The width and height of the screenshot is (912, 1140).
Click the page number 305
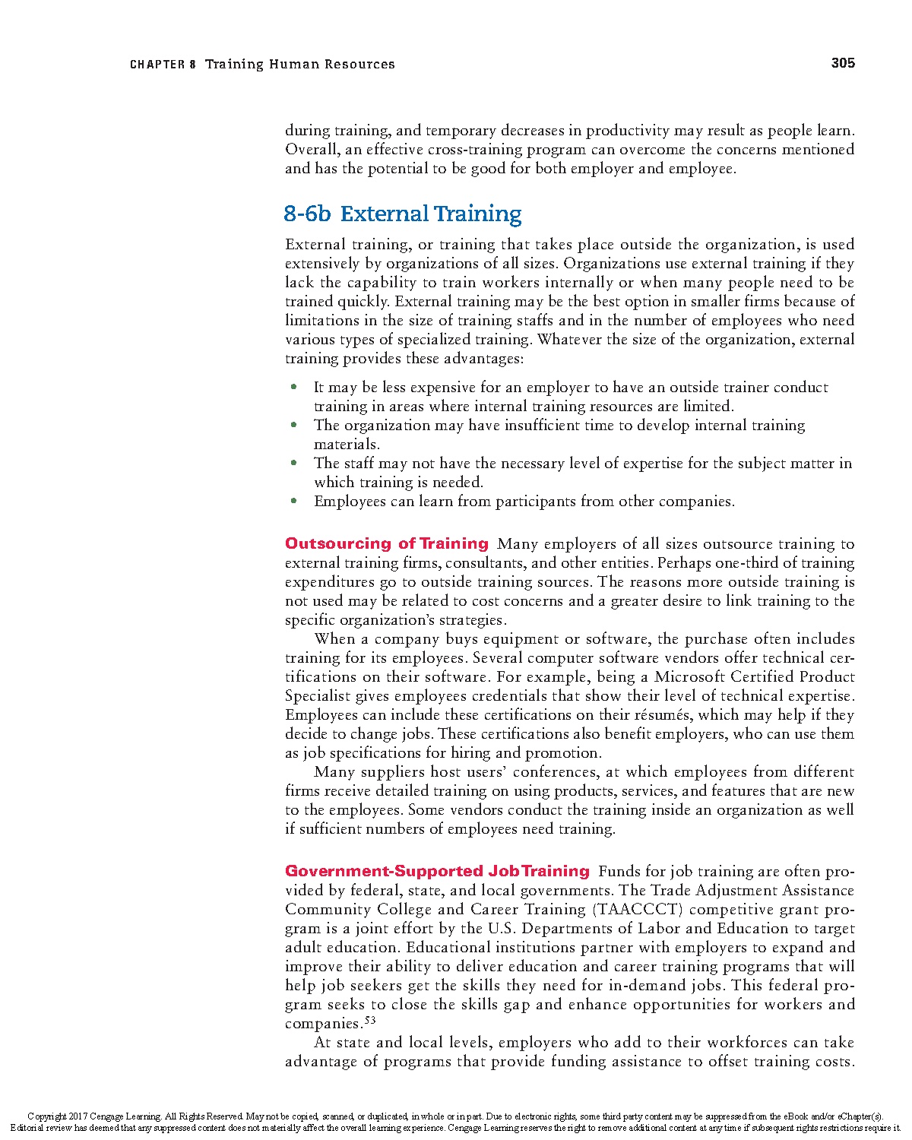pos(843,63)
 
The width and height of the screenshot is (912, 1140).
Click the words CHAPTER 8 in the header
pos(163,65)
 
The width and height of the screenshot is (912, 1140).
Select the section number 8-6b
pos(307,214)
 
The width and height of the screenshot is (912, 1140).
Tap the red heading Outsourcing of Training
pos(387,543)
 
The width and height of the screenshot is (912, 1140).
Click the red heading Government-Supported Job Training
pos(437,871)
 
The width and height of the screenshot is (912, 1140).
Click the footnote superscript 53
pos(370,1020)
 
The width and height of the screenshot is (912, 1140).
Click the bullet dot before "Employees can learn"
pos(293,501)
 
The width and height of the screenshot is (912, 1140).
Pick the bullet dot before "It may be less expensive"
pos(293,387)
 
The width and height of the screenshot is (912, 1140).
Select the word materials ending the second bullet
pos(346,445)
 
